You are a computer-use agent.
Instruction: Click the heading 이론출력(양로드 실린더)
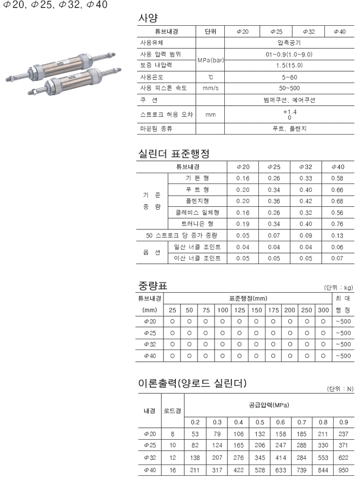pyautogui.click(x=192, y=384)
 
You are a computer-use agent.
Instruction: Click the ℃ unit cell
pyautogui.click(x=210, y=77)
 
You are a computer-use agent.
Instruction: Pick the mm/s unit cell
pyautogui.click(x=210, y=88)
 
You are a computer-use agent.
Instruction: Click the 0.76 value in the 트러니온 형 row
pyautogui.click(x=337, y=224)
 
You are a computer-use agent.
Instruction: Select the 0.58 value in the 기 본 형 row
pyautogui.click(x=337, y=178)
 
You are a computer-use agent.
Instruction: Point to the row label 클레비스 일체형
pyautogui.click(x=198, y=212)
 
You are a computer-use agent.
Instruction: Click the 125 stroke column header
pyautogui.click(x=239, y=310)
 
